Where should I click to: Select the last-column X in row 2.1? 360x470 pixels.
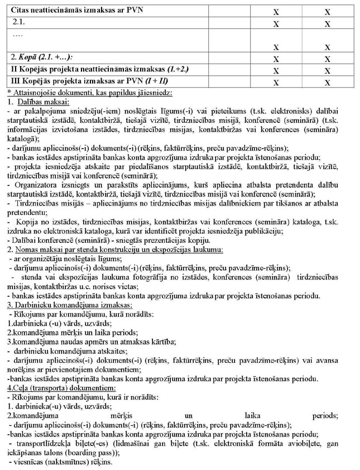click(328, 23)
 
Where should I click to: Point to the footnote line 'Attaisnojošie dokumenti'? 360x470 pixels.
click(89, 92)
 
